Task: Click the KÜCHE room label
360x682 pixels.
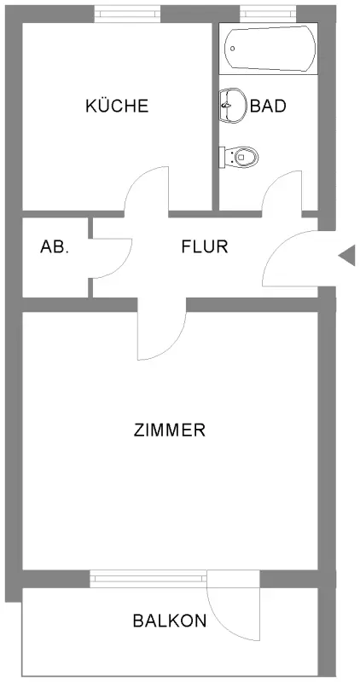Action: click(x=117, y=106)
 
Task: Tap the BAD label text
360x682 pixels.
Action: click(x=268, y=106)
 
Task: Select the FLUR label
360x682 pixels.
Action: click(x=205, y=246)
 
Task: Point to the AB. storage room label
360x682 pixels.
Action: click(x=55, y=246)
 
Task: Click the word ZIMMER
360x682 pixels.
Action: click(x=169, y=431)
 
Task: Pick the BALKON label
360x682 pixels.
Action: click(x=169, y=621)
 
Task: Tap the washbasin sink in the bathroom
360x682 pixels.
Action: click(x=232, y=105)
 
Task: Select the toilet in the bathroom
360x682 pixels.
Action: click(x=239, y=157)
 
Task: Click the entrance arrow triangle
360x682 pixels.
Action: click(x=347, y=255)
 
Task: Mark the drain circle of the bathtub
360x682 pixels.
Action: click(x=233, y=49)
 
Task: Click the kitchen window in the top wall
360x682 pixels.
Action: click(x=128, y=14)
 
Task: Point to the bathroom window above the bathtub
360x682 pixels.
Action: click(x=268, y=14)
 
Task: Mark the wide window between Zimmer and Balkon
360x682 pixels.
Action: click(x=148, y=579)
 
